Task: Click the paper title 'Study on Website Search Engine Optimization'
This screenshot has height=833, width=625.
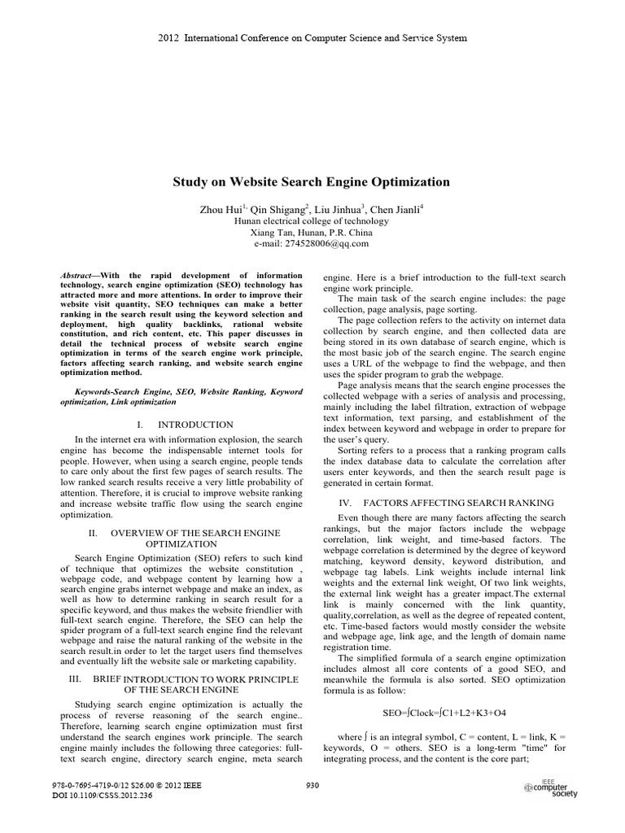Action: pos(312,182)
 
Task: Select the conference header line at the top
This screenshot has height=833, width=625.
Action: pos(312,38)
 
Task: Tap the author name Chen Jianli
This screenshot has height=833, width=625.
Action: pos(398,209)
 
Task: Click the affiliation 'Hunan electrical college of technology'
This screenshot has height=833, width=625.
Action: pos(312,220)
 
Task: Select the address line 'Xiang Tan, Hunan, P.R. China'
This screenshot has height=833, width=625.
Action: pos(312,232)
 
